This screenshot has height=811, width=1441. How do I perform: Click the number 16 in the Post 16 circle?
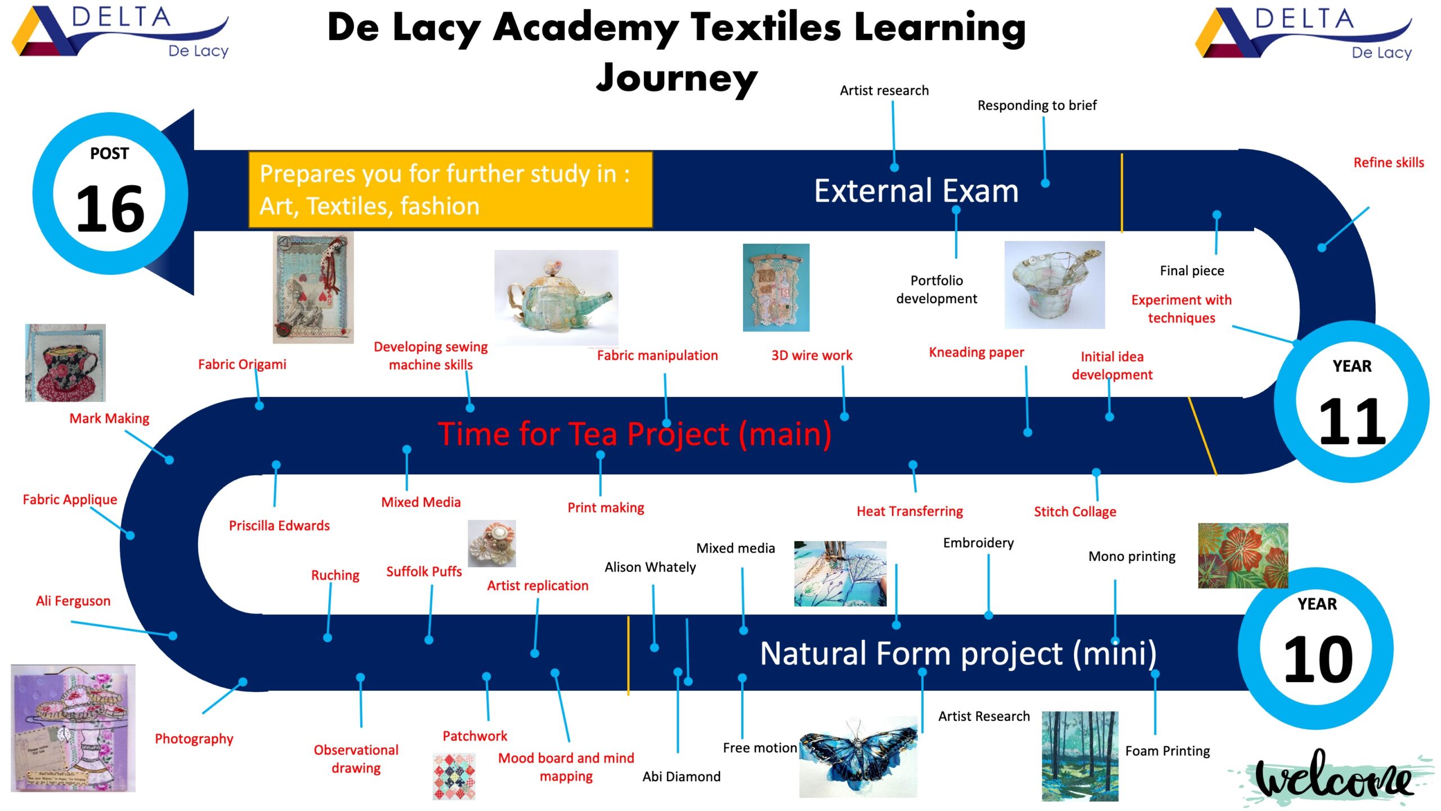point(110,210)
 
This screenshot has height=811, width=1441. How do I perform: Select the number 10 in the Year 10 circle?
point(1318,659)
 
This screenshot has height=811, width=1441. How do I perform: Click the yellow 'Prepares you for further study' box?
point(450,190)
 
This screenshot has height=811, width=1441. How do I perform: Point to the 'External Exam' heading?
point(916,191)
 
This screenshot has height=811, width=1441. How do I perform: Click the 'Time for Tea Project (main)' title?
point(634,434)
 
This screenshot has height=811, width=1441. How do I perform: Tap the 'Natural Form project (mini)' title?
point(958,653)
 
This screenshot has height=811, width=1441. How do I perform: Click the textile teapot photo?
point(556,297)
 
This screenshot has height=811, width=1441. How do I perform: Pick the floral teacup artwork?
point(65,363)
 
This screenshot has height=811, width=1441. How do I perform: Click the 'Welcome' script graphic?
point(1334,777)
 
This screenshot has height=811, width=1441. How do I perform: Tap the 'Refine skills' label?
point(1388,163)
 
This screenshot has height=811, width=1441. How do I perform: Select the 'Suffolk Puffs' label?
point(424,572)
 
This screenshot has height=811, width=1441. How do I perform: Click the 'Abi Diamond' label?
point(681,777)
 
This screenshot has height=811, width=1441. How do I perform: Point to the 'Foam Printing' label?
point(1167,751)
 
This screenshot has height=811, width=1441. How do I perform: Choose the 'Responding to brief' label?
point(1037,105)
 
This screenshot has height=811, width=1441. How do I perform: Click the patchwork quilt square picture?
point(454,777)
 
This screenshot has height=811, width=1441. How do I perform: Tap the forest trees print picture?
point(1080,756)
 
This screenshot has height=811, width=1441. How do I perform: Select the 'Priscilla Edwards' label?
point(279,525)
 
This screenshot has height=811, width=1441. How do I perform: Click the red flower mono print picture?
point(1243,556)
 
